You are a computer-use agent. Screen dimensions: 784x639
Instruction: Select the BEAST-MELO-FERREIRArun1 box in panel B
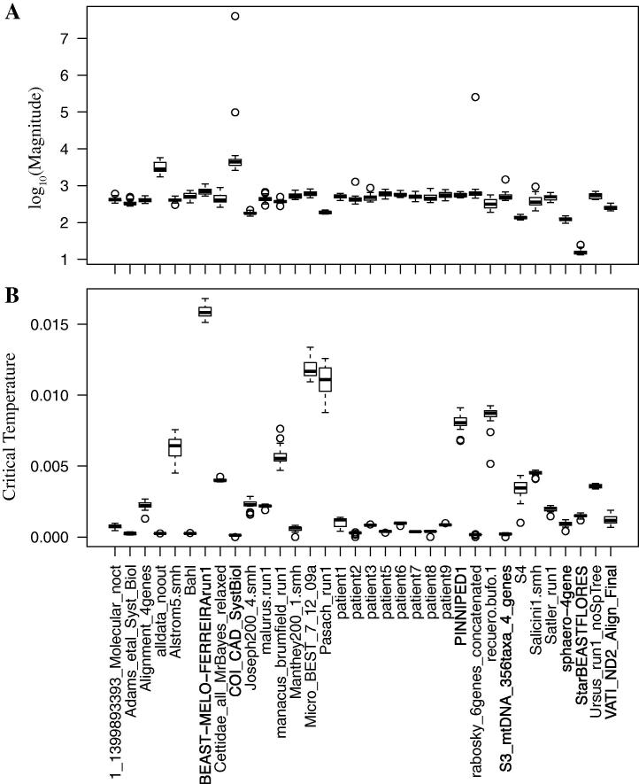pos(204,311)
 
